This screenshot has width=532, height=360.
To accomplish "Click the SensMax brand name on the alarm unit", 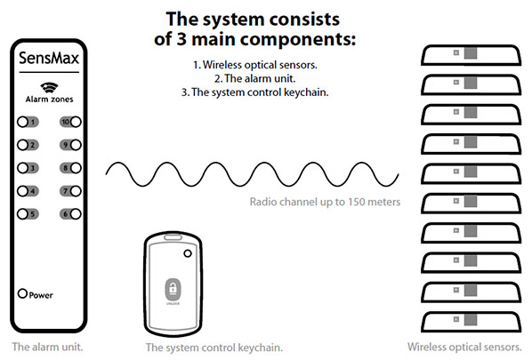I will tap(50, 59).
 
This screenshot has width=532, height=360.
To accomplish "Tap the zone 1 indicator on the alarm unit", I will tap(24, 122).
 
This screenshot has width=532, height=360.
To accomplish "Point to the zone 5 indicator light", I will tap(24, 213).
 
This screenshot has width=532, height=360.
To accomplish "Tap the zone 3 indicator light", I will tap(24, 168).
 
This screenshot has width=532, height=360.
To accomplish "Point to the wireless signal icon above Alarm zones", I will tap(49, 86).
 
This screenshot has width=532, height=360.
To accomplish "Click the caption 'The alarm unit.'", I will tap(48, 346).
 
